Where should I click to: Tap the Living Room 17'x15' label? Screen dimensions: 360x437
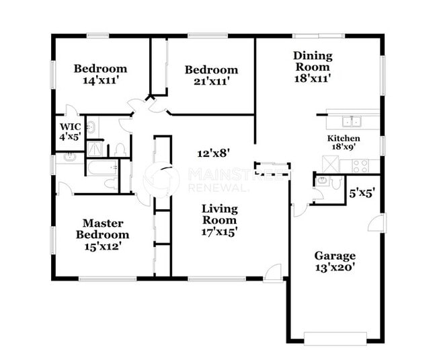(x=219, y=220)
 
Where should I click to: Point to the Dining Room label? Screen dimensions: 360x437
(x=311, y=67)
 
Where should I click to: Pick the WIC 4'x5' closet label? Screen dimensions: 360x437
(x=71, y=131)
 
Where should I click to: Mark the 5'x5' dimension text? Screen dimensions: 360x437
(x=362, y=192)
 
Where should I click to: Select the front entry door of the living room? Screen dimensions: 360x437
(x=273, y=273)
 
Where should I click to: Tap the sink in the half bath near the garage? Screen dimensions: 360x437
(x=322, y=181)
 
